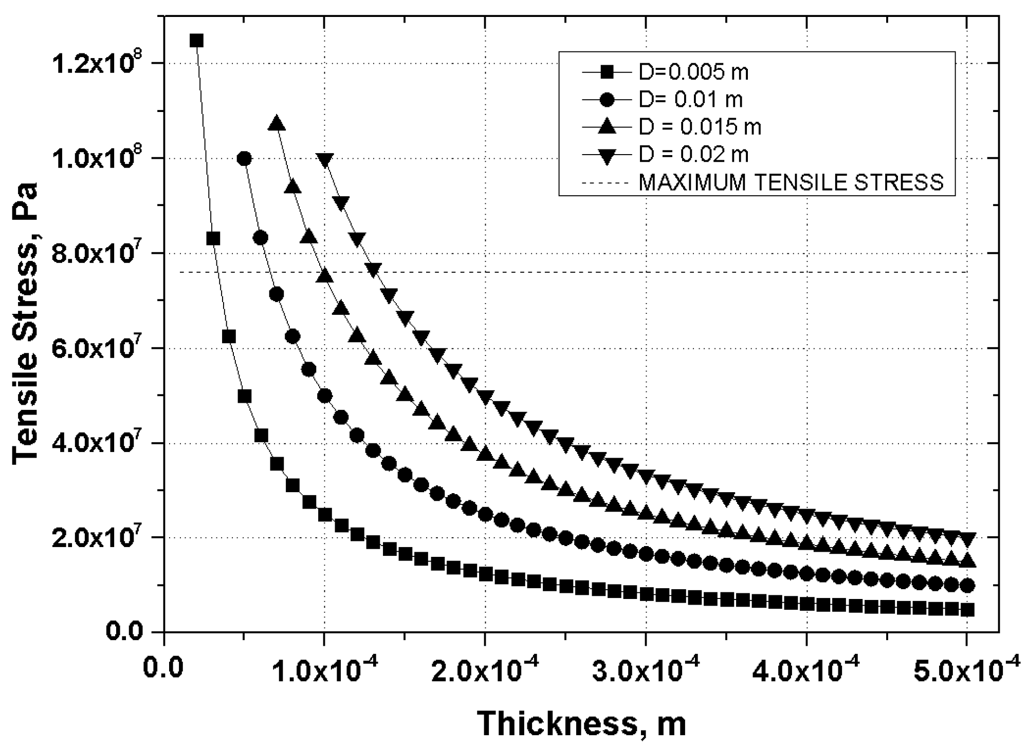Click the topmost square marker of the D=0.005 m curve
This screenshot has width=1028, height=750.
tap(196, 41)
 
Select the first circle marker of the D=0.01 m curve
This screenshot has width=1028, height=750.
tap(245, 159)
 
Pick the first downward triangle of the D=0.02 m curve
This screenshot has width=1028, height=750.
tap(325, 160)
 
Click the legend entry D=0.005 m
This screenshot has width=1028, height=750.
tap(693, 73)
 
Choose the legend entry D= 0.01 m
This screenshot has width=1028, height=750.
tap(690, 100)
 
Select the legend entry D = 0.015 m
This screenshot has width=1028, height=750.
tap(700, 127)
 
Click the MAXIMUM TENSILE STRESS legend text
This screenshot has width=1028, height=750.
tap(791, 182)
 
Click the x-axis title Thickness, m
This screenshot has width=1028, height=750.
tap(581, 723)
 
